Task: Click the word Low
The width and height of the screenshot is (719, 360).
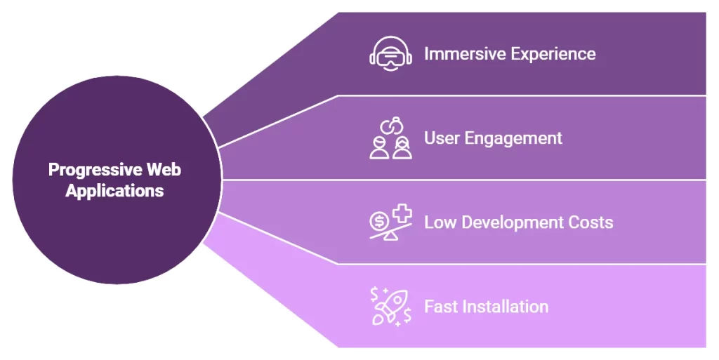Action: (440, 222)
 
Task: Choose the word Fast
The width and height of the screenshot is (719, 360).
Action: (441, 307)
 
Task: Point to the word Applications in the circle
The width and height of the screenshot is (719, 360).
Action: (114, 191)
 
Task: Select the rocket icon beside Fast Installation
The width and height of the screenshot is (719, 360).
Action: (391, 307)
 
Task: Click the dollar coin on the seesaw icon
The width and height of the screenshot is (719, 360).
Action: (380, 221)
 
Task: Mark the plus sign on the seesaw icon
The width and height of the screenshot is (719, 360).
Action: (402, 215)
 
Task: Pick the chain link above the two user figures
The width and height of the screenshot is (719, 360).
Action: (391, 126)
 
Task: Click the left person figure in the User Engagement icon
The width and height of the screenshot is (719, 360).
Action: (380, 147)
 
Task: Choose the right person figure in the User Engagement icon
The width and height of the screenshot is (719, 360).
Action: (402, 147)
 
